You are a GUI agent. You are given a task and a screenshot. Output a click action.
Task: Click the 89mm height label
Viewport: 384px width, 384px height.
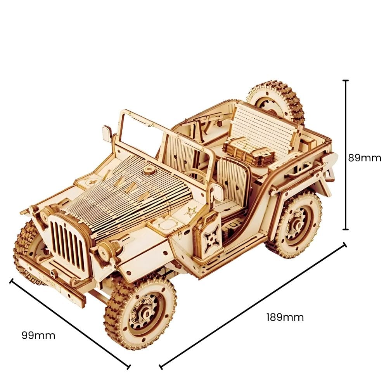[364, 158]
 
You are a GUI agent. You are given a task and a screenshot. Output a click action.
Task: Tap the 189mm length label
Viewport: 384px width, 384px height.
[285, 317]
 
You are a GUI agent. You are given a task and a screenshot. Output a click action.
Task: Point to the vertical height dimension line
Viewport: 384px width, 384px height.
[345, 155]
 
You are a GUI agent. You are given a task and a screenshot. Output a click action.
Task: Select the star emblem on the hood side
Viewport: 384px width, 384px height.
[190, 212]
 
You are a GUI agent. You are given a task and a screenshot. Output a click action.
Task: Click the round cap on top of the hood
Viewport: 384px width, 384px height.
[148, 171]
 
